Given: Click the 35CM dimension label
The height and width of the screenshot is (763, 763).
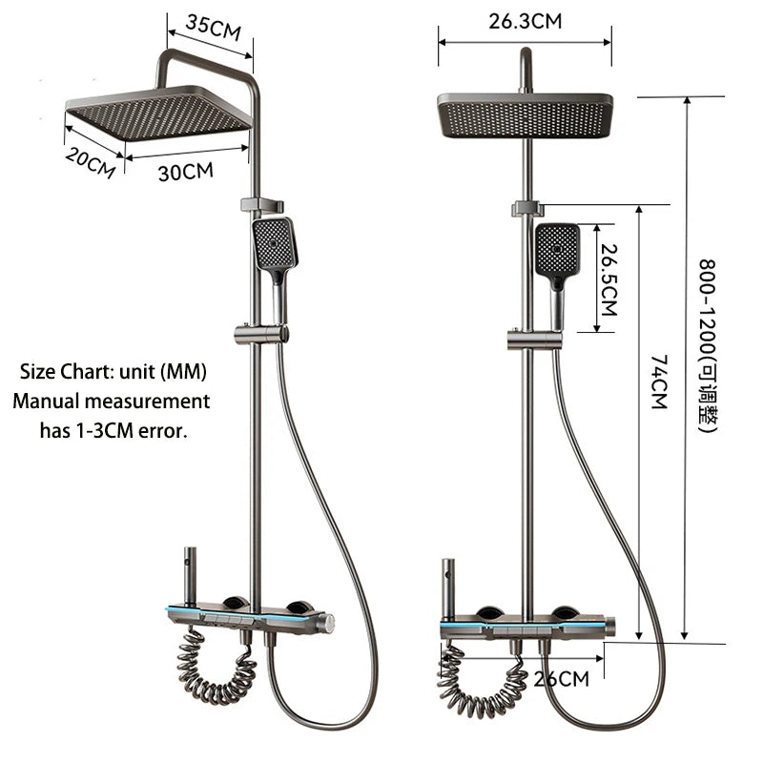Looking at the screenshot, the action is tap(213, 28).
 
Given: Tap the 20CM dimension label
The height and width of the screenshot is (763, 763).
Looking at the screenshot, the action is tap(91, 163).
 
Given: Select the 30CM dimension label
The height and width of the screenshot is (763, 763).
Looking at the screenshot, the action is tap(186, 172).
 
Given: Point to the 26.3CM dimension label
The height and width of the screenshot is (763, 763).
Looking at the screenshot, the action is tap(526, 21).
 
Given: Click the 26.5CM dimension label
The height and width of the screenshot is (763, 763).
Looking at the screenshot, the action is tap(608, 279).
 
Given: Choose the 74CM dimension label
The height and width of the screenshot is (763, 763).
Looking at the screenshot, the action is tap(659, 381).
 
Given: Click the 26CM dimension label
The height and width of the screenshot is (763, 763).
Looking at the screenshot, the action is tap(561, 679).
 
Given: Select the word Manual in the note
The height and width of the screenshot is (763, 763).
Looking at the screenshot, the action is tap(46, 402).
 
